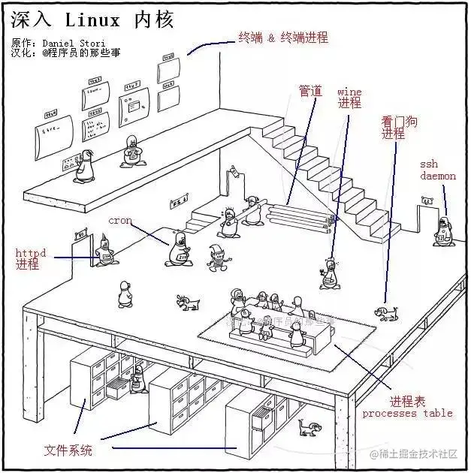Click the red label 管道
tap(310, 91)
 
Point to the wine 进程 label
tap(349, 98)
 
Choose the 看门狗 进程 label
tap(394, 127)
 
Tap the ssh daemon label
tap(438, 170)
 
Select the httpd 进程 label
tap(30, 259)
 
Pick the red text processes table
tap(407, 413)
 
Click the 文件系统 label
tap(68, 450)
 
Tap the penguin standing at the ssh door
tap(443, 232)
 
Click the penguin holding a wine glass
tap(328, 273)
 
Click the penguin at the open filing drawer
tap(137, 380)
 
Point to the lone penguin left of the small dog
tap(125, 294)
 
